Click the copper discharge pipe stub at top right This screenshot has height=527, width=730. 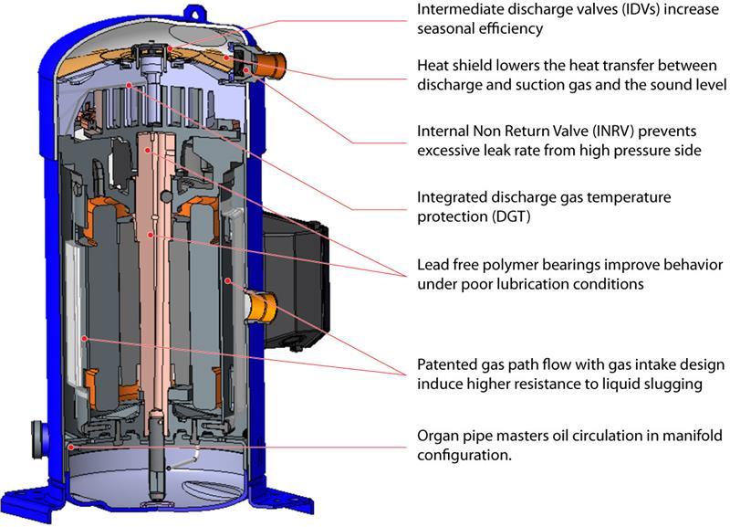pyautogui.click(x=267, y=66)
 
